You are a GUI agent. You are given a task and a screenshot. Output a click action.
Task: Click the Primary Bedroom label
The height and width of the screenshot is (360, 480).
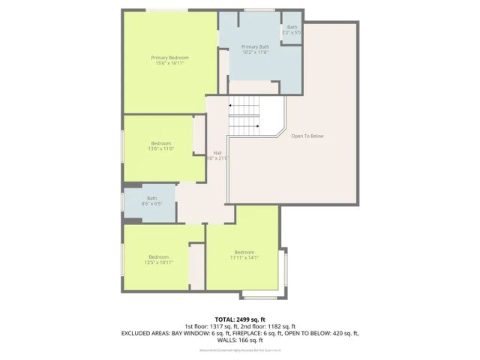169,58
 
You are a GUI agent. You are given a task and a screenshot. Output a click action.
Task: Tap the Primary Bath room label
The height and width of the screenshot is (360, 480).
255,46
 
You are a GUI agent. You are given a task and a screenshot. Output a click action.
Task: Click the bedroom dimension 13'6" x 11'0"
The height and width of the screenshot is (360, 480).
161,149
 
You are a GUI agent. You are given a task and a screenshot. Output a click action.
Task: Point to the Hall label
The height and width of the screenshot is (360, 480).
217,152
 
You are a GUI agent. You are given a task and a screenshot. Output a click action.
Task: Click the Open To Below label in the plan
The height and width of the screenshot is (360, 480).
307,136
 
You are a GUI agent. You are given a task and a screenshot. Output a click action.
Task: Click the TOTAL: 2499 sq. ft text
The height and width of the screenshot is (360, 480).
240,319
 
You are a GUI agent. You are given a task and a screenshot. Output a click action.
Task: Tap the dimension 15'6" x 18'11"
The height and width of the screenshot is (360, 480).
169,64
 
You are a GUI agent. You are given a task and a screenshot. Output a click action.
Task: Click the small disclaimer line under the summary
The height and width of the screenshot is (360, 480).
240,349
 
